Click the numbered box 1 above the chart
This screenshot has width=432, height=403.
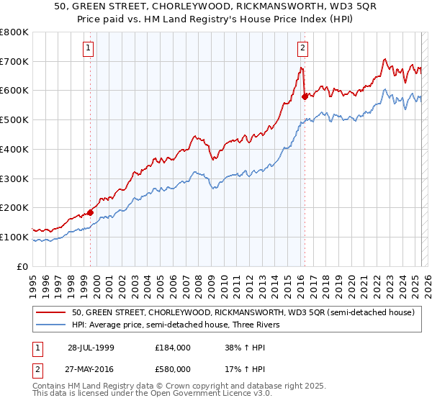point(89,48)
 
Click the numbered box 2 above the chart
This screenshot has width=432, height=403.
point(302,48)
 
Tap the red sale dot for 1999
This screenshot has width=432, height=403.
point(91,212)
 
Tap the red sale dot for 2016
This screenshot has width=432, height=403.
point(305,96)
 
